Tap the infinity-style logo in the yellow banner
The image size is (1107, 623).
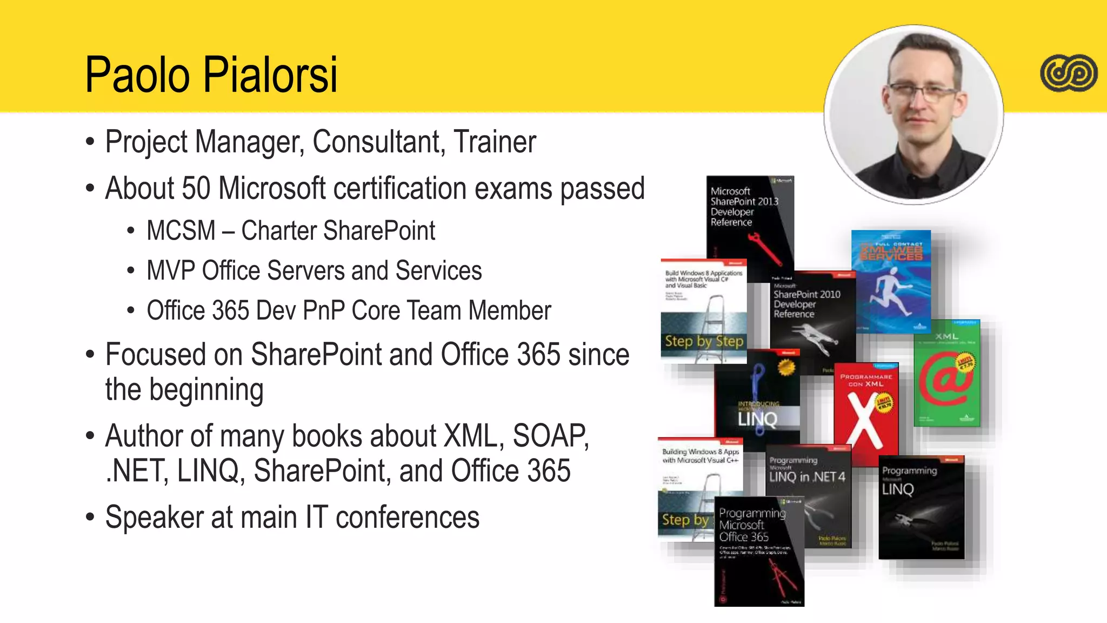click(x=1069, y=73)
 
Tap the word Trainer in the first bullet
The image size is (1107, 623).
click(x=495, y=142)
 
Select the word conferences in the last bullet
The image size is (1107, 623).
click(x=407, y=518)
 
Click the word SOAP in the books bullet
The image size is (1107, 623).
click(x=550, y=436)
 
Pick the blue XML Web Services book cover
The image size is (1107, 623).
click(x=891, y=281)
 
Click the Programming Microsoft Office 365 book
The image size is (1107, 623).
click(x=758, y=552)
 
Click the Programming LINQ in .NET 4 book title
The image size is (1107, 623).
click(x=807, y=476)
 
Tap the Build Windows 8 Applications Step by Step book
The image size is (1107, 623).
click(x=703, y=311)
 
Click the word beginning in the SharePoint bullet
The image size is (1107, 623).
click(x=206, y=390)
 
